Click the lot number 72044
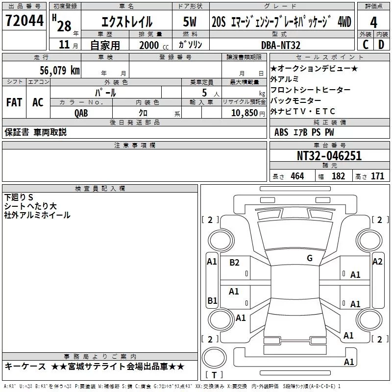pos(24,22)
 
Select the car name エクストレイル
pos(126,22)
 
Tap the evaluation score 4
pos(374,23)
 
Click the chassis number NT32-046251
pos(329,156)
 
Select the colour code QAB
pos(81,113)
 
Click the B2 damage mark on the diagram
pos(235,263)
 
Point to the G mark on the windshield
pos(310,258)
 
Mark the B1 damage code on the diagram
pos(212,300)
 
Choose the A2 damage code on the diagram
pos(377,262)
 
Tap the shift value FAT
pos(14,102)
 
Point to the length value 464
pos(297,176)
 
